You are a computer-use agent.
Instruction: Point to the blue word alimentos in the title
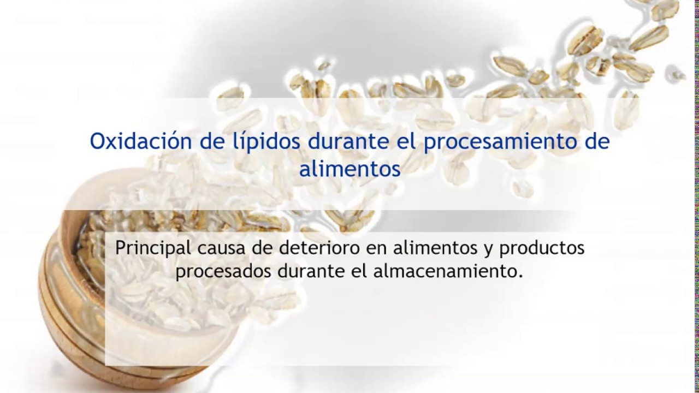tap(349, 168)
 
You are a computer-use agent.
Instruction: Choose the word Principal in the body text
tap(153, 248)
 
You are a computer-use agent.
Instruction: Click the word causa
tap(219, 248)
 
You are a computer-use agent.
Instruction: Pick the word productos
tap(543, 248)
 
